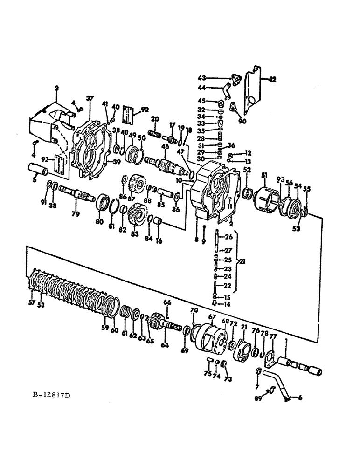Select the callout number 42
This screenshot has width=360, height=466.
pyautogui.click(x=272, y=79)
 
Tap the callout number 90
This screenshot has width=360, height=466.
pyautogui.click(x=242, y=122)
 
